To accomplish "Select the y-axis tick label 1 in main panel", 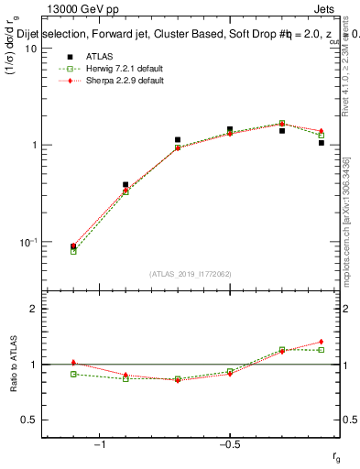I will [33, 146].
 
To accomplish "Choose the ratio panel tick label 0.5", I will [28, 420].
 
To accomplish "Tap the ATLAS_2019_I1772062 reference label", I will [191, 274].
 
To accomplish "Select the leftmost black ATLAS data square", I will [73, 246].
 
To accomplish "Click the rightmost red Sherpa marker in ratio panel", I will [322, 342].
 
